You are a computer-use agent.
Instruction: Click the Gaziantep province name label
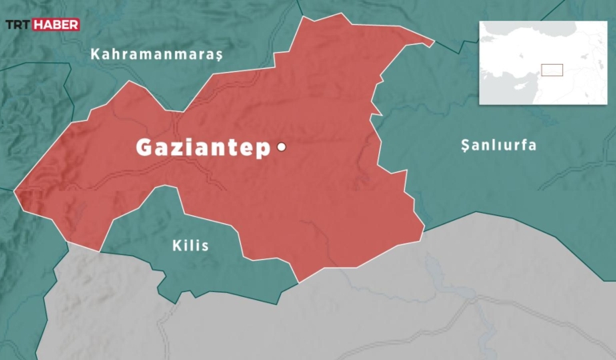[x=203, y=148]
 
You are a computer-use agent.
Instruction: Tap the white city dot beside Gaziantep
[x=282, y=146]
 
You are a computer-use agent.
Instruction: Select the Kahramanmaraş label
[x=156, y=54]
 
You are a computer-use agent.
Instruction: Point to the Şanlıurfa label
[x=498, y=146]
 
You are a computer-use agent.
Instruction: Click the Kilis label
[x=190, y=246]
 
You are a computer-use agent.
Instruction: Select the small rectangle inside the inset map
[x=552, y=70]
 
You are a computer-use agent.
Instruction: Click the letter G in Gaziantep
[x=146, y=148]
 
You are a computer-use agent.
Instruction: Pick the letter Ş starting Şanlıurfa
[x=466, y=146]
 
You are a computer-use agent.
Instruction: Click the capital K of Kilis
[x=177, y=246]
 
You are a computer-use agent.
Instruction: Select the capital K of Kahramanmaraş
[x=95, y=54]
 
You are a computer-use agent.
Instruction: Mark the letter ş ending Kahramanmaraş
[x=217, y=55]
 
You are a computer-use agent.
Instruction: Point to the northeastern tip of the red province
[x=433, y=42]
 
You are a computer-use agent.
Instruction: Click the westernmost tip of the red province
[x=15, y=192]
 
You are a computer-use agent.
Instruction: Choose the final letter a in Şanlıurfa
[x=532, y=146]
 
